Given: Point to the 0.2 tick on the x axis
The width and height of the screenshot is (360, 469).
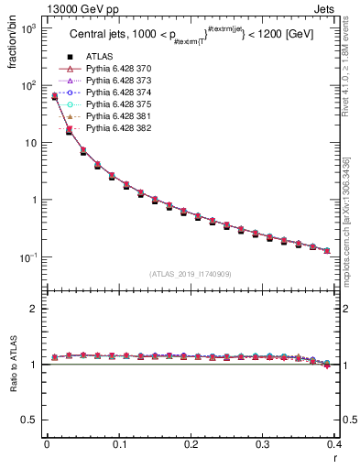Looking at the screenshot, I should tap(191, 445).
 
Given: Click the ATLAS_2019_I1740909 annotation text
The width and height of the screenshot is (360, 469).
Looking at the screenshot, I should tap(190, 274).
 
